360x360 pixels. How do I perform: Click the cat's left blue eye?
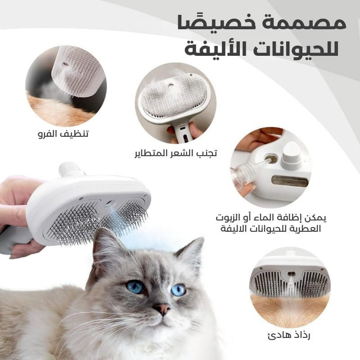[x=135, y=287]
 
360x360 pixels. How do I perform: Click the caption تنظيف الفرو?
[x=63, y=133]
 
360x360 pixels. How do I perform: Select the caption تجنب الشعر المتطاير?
[x=175, y=153]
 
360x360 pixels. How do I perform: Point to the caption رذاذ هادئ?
[x=289, y=335]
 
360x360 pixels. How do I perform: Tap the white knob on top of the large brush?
[x=69, y=169]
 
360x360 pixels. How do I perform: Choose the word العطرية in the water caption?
[x=308, y=229]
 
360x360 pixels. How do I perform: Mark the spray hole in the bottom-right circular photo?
[x=291, y=274]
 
